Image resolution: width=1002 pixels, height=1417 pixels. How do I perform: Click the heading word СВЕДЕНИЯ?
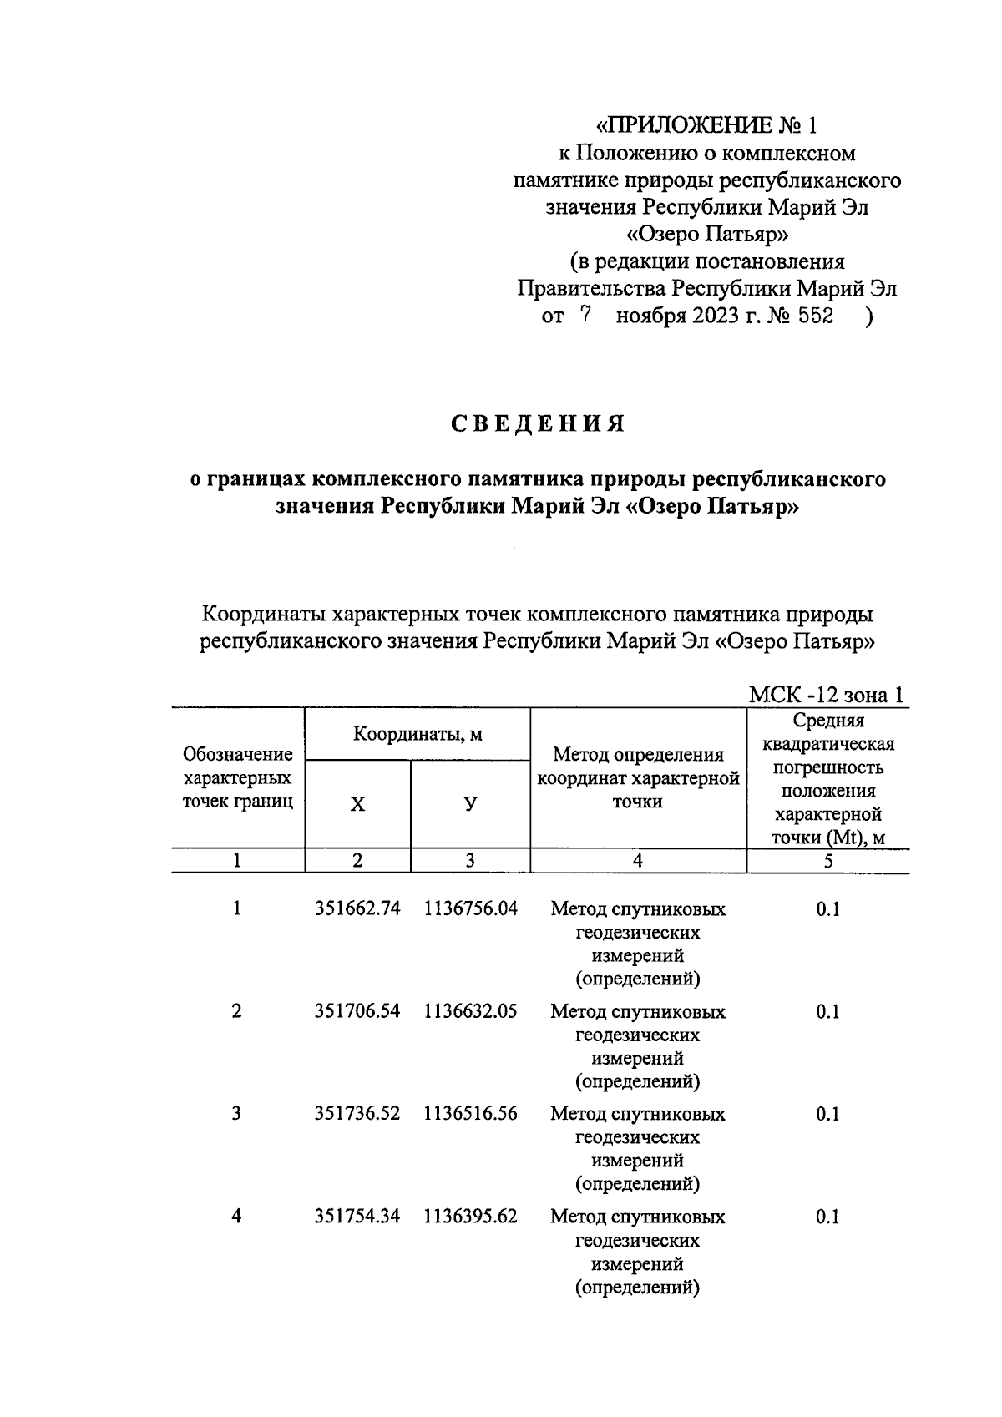[x=539, y=424]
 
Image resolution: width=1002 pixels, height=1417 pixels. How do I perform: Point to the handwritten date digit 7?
[x=585, y=316]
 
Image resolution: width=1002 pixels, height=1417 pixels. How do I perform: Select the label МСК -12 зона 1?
[x=825, y=695]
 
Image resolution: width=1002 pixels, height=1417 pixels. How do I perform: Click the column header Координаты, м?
[x=417, y=735]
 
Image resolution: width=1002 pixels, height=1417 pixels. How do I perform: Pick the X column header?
[x=357, y=804]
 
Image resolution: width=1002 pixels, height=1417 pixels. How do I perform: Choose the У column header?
[x=470, y=804]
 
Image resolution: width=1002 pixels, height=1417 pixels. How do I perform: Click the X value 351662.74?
[x=357, y=908]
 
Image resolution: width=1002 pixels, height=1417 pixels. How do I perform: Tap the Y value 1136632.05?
[x=470, y=1011]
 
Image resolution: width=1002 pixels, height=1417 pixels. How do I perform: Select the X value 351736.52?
[x=357, y=1114]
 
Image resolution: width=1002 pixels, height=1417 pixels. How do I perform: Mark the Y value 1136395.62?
[x=470, y=1217]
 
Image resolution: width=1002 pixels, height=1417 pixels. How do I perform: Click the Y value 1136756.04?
[x=470, y=908]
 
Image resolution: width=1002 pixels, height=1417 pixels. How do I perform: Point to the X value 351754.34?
[x=357, y=1217]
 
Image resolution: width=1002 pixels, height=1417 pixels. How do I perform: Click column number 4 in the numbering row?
[x=638, y=861]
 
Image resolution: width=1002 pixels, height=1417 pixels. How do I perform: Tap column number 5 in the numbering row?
[x=827, y=861]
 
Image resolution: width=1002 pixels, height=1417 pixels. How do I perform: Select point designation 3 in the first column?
[x=237, y=1114]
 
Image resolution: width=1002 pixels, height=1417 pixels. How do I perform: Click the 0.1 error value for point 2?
[x=827, y=1011]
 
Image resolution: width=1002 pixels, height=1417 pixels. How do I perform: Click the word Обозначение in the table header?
[x=238, y=755]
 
